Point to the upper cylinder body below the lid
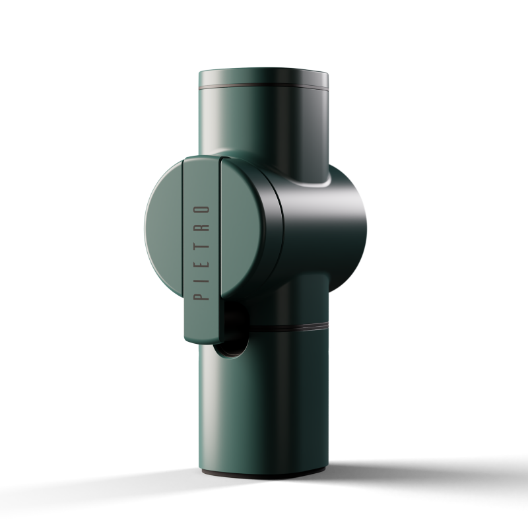click(264, 125)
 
